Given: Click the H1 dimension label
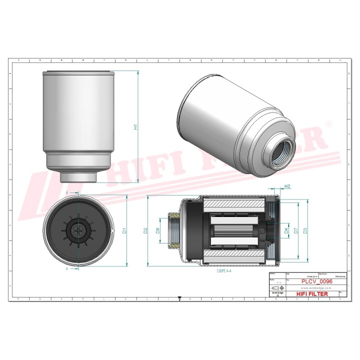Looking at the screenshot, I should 135,127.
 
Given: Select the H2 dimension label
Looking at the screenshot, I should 287,186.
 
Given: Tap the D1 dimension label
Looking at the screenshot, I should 124,230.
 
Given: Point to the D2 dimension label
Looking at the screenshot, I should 145,230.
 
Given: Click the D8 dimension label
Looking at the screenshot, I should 157,230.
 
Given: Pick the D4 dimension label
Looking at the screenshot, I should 286,230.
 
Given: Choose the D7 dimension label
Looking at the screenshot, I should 296,230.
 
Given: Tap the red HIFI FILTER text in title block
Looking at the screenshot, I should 312,294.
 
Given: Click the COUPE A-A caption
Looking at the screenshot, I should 224,270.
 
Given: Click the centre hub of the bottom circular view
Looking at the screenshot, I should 78,230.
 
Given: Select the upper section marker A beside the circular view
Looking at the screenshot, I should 67,191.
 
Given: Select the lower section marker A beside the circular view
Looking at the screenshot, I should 67,268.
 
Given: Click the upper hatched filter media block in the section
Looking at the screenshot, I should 233,204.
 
